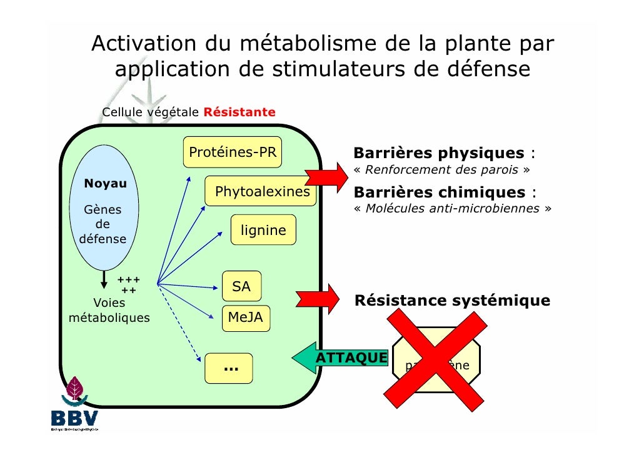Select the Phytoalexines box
tap(262, 192)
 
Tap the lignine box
tap(263, 231)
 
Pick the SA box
tap(241, 287)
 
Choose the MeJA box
tap(245, 318)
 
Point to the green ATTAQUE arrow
tap(341, 358)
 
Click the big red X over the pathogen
tap(436, 361)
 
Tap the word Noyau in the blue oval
tap(105, 184)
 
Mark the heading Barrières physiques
tap(439, 153)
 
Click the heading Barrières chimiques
tap(439, 192)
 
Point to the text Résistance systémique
tap(452, 301)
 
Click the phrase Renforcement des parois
tap(443, 170)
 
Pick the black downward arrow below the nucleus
tap(104, 279)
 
